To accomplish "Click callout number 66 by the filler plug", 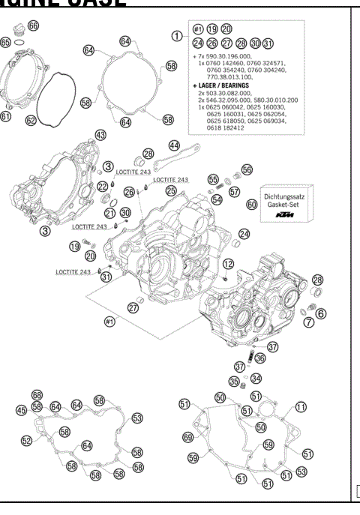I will coord(34,25).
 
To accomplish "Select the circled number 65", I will coord(6,43).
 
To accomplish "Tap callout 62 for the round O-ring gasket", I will coord(31,118).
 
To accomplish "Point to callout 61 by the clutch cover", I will coord(6,116).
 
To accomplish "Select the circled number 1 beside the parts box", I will coord(177,34).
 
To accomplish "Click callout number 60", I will coord(251,203).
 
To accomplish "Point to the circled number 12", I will coord(228,263).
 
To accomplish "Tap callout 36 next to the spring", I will coord(260,358).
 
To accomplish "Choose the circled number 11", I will coord(301,406).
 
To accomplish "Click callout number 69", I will coord(187,437).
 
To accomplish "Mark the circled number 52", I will coord(27,442).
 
